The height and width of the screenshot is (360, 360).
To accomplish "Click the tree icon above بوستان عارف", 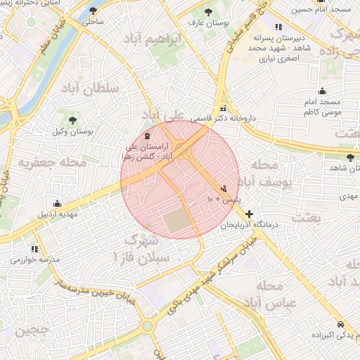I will click(x=207, y=12).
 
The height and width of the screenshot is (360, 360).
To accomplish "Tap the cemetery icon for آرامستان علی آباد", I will click(x=146, y=135).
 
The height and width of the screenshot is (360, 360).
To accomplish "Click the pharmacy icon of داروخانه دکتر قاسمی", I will click(x=224, y=108).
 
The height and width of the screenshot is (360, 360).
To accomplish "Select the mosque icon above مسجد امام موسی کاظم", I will click(x=322, y=91).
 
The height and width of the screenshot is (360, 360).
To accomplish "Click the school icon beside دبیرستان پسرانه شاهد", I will click(x=279, y=26).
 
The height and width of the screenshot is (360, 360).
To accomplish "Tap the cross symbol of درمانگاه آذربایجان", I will click(x=248, y=213).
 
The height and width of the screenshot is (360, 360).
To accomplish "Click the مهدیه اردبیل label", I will click(x=53, y=213).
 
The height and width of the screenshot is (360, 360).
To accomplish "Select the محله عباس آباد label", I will click(x=278, y=297).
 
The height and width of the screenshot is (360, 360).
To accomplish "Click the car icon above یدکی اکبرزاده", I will click(x=340, y=325).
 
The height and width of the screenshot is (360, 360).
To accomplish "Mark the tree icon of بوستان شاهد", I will click(x=350, y=157).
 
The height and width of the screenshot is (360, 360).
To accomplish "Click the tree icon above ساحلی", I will click(x=94, y=11).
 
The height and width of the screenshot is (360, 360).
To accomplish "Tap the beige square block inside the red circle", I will click(x=178, y=223).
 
